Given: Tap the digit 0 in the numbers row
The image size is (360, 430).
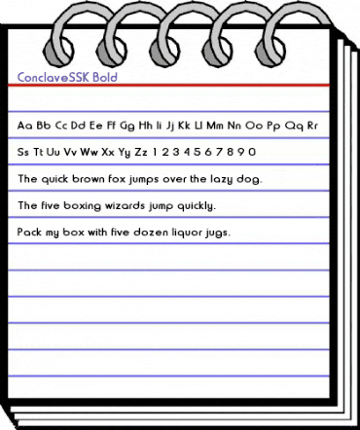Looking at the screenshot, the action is [x=253, y=152].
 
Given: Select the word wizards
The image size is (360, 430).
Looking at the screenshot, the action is [x=124, y=206].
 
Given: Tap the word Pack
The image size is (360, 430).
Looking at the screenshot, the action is [x=30, y=233].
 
